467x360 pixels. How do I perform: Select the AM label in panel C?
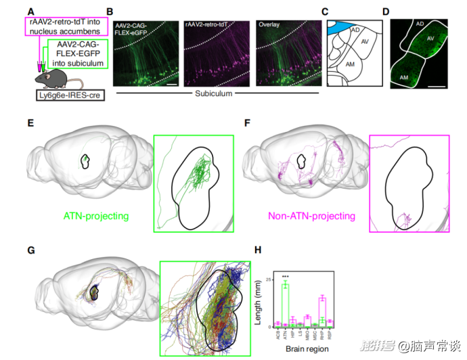(350, 62)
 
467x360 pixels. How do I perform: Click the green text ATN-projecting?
(97, 217)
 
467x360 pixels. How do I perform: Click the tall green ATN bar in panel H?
(286, 305)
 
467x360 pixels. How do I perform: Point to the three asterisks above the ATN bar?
(286, 276)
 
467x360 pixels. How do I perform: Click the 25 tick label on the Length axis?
(269, 279)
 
